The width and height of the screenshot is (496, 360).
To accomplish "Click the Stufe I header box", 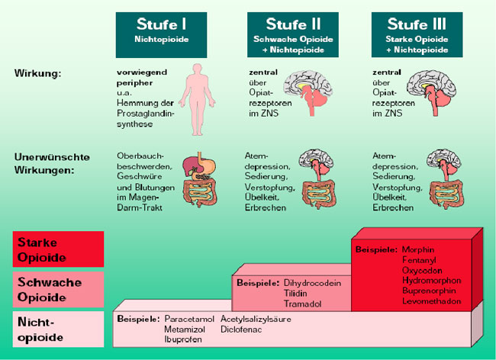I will pyautogui.click(x=162, y=34).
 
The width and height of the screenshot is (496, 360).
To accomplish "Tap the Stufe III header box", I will pyautogui.click(x=417, y=34).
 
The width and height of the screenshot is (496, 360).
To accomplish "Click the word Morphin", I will pyautogui.click(x=420, y=249).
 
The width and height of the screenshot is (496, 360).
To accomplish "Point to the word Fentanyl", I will pyautogui.click(x=420, y=260).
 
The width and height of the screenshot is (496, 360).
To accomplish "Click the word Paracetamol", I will pyautogui.click(x=187, y=319).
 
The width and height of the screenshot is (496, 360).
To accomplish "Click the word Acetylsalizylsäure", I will pyautogui.click(x=256, y=319).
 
